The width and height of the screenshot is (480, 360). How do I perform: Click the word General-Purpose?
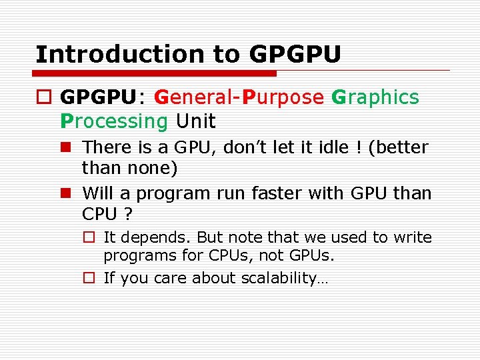238,97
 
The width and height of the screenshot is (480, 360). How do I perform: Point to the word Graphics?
375,97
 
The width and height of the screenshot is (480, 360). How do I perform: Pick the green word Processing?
114,121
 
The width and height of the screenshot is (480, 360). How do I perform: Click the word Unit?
195,121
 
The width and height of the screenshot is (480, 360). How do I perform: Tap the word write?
413,238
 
